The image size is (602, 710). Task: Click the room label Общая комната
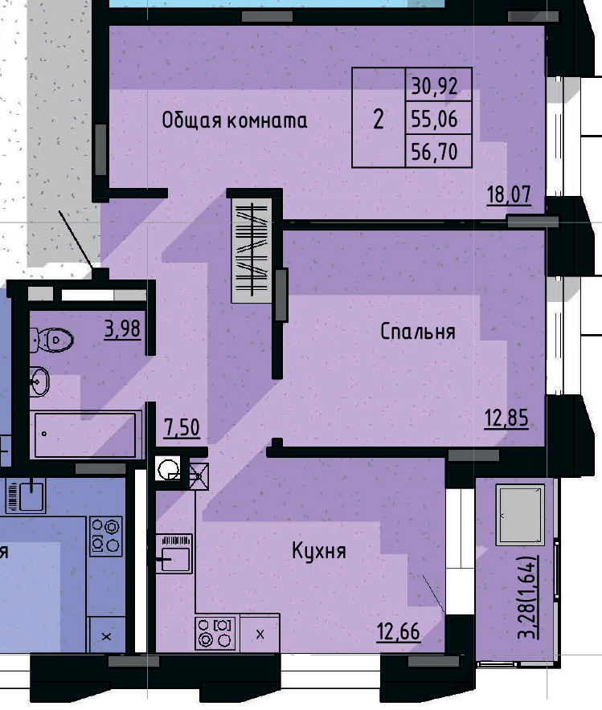[x=234, y=121]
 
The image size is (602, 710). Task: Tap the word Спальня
[x=418, y=332]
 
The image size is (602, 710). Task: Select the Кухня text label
[x=318, y=552]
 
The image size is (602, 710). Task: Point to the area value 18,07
[x=509, y=194]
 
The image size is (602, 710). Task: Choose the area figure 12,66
[x=398, y=631]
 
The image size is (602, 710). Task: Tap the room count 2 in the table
[x=378, y=119]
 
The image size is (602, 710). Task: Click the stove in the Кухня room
[x=215, y=632]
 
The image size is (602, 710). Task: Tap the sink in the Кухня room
[x=174, y=552]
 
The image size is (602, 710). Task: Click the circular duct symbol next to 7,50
[x=170, y=469]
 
